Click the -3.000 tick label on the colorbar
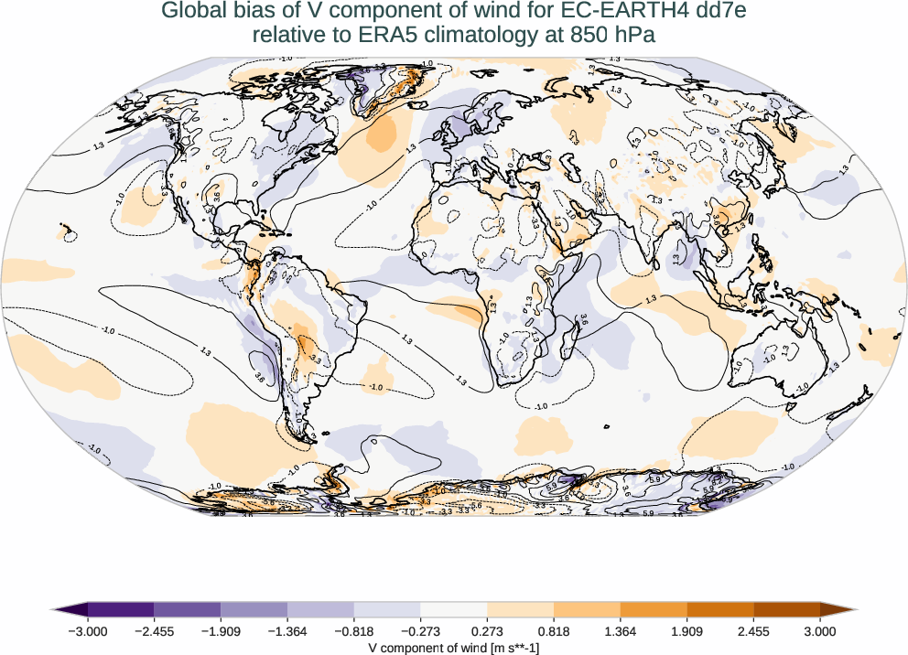[88, 630]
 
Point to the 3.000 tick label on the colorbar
[820, 630]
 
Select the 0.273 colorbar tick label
[487, 630]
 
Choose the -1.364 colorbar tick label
[287, 630]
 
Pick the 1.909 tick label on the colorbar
[687, 630]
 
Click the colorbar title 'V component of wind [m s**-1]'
[454, 646]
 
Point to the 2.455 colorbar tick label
[753, 630]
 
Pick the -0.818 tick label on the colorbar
[354, 630]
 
